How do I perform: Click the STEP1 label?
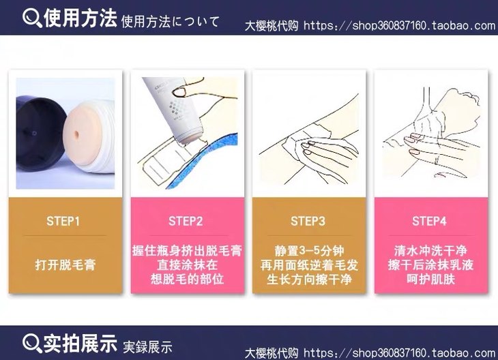pos(63,222)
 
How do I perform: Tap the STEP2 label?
pos(186,222)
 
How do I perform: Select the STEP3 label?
pos(308,222)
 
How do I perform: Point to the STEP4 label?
pos(429,222)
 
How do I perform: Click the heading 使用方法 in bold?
pos(80,18)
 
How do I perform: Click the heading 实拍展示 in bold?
pos(80,343)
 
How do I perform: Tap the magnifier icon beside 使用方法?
pos(32,18)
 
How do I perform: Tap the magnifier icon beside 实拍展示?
pos(32,344)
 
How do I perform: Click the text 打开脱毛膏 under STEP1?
pos(65,265)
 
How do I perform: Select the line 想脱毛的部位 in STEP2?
pos(188,279)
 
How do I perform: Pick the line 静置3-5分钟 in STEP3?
pos(309,251)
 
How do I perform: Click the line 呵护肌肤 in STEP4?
pos(431,279)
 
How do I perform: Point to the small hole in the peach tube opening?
pos(76,134)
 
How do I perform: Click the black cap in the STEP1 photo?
pos(40,134)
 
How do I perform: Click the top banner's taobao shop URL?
pos(399,25)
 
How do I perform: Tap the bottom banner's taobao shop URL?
pos(399,352)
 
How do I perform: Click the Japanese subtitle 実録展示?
pos(147,347)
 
